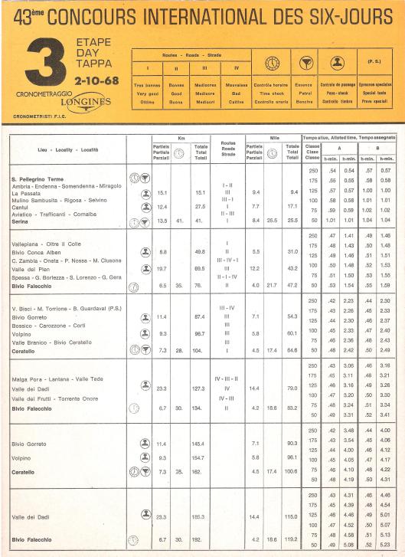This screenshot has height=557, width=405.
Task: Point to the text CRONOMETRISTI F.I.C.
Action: (46, 116)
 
